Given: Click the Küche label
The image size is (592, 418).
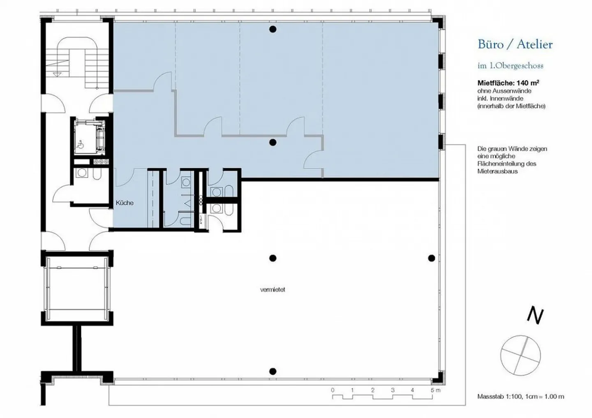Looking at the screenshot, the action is pyautogui.click(x=125, y=203).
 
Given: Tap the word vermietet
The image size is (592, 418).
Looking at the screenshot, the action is pyautogui.click(x=273, y=290).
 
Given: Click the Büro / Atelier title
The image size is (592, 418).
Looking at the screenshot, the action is pyautogui.click(x=515, y=44).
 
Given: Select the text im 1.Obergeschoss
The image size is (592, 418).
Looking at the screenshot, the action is pyautogui.click(x=510, y=66).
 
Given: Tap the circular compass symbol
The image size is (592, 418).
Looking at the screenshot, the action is pyautogui.click(x=520, y=356).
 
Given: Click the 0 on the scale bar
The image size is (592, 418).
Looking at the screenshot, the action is pyautogui.click(x=333, y=390).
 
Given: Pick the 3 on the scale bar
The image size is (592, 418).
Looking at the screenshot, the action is pyautogui.click(x=393, y=390).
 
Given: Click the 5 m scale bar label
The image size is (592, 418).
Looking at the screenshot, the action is pyautogui.click(x=435, y=390).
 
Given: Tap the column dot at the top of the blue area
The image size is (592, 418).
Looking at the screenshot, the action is pyautogui.click(x=273, y=29).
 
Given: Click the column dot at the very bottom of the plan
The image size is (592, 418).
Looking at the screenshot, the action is pyautogui.click(x=273, y=372).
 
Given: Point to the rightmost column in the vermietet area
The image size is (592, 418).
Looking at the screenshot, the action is pyautogui.click(x=431, y=258).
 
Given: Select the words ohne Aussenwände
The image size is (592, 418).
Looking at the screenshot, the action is pyautogui.click(x=504, y=91).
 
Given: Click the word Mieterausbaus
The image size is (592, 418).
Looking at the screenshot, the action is pyautogui.click(x=494, y=171).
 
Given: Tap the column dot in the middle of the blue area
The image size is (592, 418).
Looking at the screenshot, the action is pyautogui.click(x=273, y=142).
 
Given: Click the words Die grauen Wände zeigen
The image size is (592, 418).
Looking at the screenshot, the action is pyautogui.click(x=512, y=149).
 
